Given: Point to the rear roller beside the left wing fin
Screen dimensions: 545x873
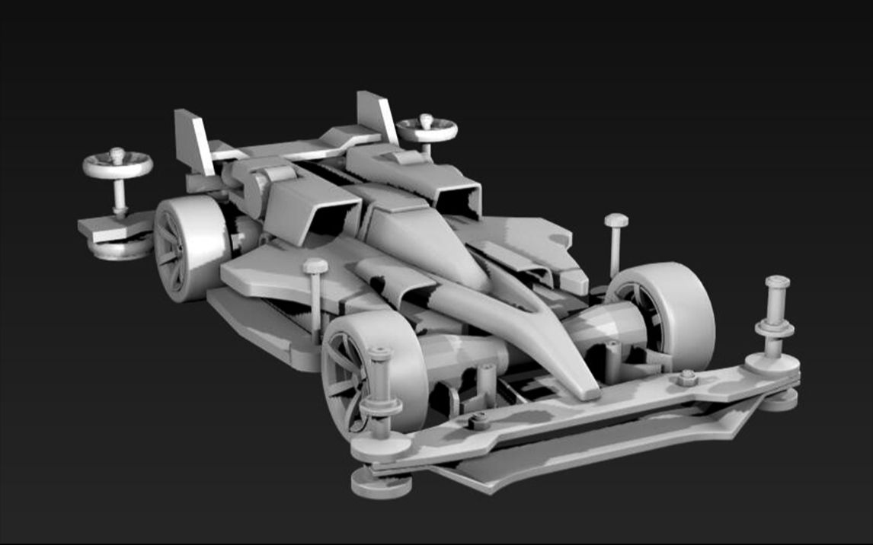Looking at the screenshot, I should (117, 164).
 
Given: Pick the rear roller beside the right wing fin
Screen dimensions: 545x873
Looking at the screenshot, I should (427, 129).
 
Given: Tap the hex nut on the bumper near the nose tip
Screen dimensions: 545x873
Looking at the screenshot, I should (479, 420).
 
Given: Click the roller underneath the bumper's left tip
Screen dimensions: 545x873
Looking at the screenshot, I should (380, 483).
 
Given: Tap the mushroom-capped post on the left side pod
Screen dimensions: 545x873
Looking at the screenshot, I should (315, 297).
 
